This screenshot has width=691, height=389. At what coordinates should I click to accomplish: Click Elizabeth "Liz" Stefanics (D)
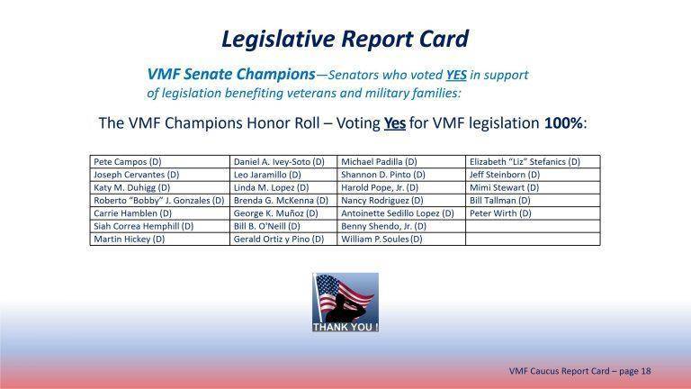coord(525,162)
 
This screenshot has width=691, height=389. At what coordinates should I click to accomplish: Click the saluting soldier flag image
coord(345,297)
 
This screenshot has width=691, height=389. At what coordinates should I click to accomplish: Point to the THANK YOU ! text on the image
coord(345,327)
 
